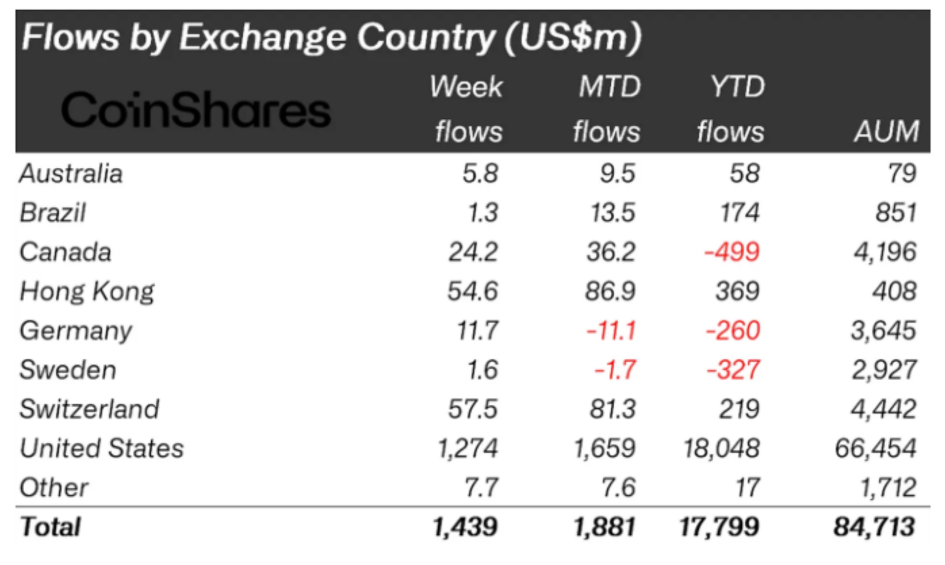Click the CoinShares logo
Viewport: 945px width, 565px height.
(195, 110)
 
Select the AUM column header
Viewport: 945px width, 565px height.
(887, 131)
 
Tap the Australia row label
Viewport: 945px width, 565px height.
(71, 174)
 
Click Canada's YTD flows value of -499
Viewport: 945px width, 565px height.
(732, 252)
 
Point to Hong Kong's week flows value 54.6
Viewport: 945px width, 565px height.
(472, 291)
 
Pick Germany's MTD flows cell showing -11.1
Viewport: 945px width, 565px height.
(611, 330)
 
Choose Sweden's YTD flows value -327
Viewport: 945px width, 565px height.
(733, 370)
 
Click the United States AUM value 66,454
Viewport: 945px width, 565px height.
(875, 449)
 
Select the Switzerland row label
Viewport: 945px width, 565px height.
(89, 409)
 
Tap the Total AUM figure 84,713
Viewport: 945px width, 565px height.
(874, 527)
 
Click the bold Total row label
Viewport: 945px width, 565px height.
(50, 527)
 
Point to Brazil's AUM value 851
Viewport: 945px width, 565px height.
(896, 213)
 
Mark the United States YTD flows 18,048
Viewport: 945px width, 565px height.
(721, 449)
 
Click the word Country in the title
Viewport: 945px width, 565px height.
(426, 37)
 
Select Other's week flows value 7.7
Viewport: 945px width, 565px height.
(481, 488)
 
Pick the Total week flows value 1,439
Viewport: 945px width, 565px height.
(465, 527)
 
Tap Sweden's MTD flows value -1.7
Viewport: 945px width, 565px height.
(615, 370)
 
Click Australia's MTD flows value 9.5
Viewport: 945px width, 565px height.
(617, 174)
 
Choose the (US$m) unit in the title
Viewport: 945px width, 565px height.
(572, 37)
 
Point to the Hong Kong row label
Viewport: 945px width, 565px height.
(87, 291)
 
